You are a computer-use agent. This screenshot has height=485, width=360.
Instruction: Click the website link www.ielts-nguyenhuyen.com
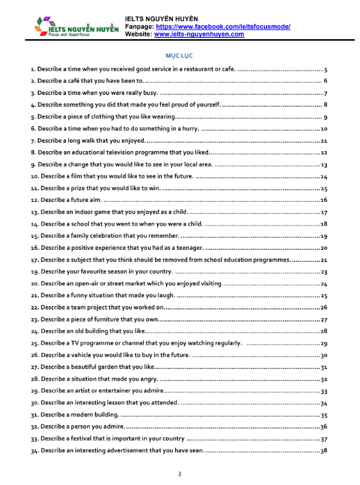click(x=199, y=34)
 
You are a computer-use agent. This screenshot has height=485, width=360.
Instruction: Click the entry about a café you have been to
click(x=88, y=81)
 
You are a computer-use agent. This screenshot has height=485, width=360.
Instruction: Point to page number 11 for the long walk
click(x=324, y=141)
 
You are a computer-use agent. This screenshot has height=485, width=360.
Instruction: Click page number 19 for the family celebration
click(x=324, y=236)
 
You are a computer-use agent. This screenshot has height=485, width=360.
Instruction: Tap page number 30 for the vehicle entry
click(x=324, y=356)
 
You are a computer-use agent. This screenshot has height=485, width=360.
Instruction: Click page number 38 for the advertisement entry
click(x=324, y=451)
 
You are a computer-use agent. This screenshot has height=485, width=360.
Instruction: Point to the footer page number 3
click(x=179, y=473)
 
